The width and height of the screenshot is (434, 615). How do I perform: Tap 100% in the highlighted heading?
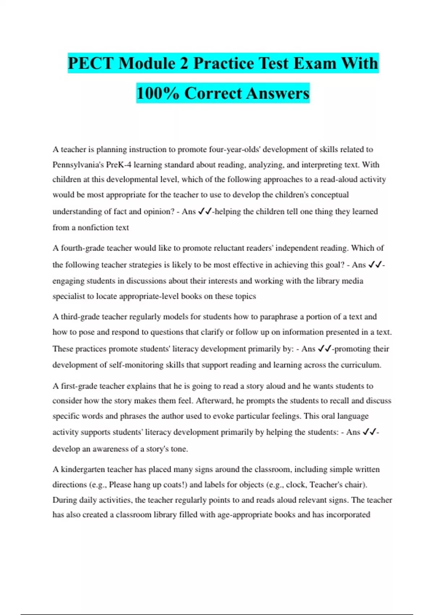(x=158, y=93)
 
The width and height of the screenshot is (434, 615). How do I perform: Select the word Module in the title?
(x=147, y=63)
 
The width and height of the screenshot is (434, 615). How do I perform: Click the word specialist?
(x=68, y=296)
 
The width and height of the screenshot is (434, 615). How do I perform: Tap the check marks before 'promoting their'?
(x=324, y=349)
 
